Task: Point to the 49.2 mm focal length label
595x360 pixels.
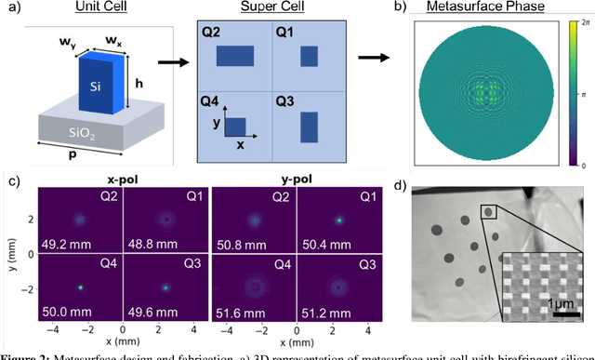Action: [59, 249]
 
